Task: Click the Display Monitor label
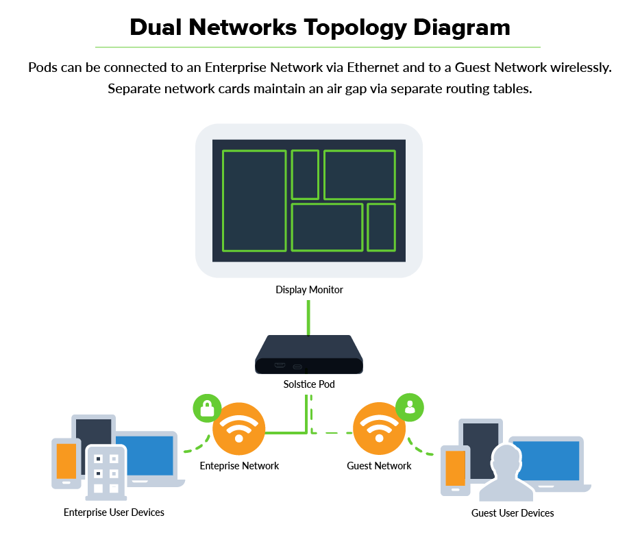tap(309, 290)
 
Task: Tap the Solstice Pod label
tap(309, 384)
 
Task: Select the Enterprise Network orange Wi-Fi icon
tap(238, 429)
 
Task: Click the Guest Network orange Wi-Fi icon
tap(379, 429)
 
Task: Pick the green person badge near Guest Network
tap(410, 406)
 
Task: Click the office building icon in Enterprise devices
tap(106, 473)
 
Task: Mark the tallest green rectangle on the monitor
tap(254, 201)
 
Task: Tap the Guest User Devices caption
tap(513, 512)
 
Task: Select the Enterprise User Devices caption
tap(114, 512)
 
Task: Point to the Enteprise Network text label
tap(239, 466)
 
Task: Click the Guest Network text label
tap(379, 466)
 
